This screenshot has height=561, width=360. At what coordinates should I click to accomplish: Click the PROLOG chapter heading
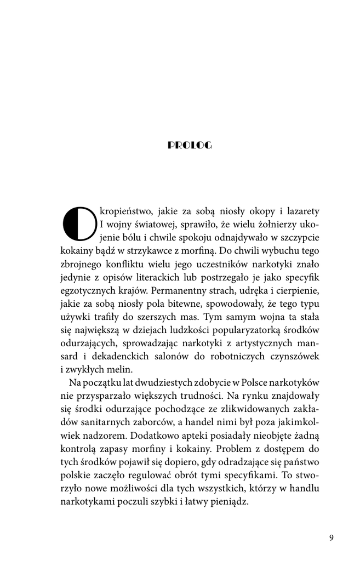coord(189,145)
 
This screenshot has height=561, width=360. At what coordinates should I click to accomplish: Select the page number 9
coord(331,537)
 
